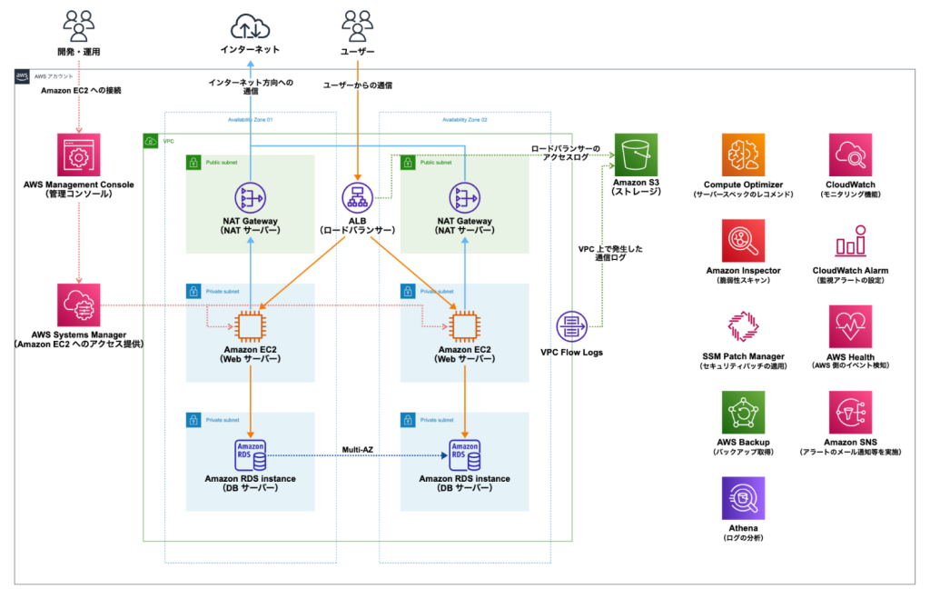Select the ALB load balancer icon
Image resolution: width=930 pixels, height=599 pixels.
(x=357, y=197)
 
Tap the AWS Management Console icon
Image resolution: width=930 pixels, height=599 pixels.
(x=79, y=155)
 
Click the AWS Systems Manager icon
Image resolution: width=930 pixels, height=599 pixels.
(x=79, y=305)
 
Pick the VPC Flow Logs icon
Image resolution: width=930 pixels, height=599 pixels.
(x=572, y=324)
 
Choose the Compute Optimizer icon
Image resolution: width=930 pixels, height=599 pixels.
(x=743, y=155)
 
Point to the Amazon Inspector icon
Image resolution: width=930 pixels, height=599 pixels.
(x=743, y=241)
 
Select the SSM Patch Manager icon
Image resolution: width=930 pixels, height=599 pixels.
(x=743, y=328)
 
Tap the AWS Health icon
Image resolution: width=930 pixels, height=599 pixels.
(x=851, y=327)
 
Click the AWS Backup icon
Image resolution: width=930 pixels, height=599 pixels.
(x=743, y=414)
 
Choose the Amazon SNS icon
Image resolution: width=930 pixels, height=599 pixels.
(x=851, y=414)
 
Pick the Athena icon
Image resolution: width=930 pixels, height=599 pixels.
(x=743, y=499)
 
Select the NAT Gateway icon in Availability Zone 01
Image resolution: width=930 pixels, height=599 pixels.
(x=250, y=197)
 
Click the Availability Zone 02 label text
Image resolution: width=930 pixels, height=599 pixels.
(x=465, y=120)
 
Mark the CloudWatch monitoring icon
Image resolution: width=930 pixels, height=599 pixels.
(x=851, y=155)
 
